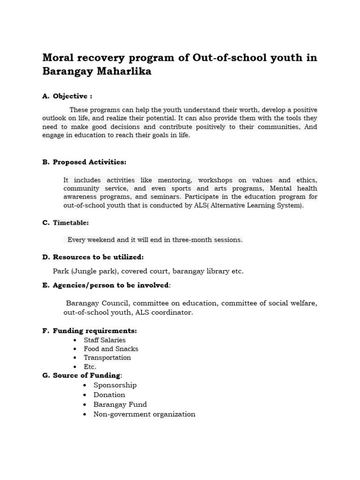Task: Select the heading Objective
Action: point(72,96)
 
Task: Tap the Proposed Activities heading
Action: point(90,162)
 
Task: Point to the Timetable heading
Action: point(71,223)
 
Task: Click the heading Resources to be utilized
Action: point(98,257)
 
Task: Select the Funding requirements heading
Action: point(95,331)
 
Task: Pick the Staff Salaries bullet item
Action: point(105,340)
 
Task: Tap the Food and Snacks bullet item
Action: point(111,349)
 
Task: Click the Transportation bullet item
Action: point(107,358)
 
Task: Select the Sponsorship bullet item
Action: point(115,385)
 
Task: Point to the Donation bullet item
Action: point(109,395)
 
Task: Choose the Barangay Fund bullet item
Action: point(120,405)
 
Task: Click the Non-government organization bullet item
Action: point(144,414)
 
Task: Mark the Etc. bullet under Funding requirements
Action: point(90,367)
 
